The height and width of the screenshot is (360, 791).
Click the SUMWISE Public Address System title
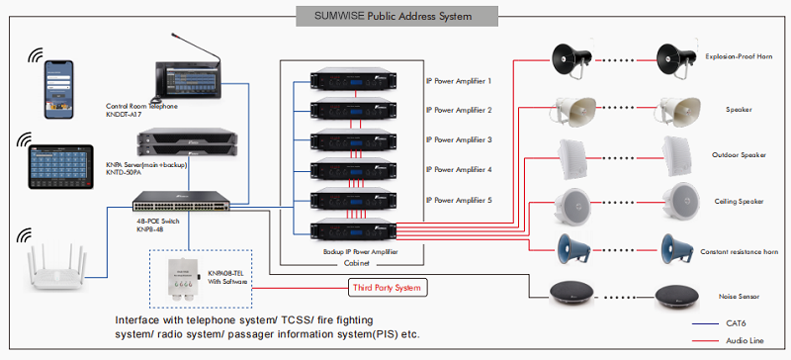[396, 17]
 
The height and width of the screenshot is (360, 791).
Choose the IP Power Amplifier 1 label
[458, 80]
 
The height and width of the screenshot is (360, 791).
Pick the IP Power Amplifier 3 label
[458, 139]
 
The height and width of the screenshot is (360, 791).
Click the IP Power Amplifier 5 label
[458, 200]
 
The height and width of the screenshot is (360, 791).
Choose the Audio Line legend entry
[745, 341]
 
